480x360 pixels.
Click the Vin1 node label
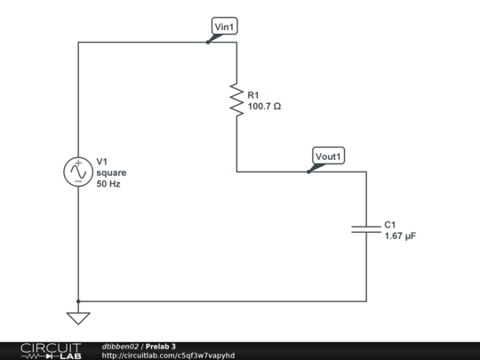coord(225,27)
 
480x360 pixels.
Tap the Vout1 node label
coord(329,156)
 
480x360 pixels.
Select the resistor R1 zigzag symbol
coord(236,99)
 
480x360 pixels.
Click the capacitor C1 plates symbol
coord(365,229)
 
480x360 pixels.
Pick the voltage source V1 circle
coord(78,172)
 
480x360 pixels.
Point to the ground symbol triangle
coord(78,317)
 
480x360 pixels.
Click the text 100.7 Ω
coord(264,107)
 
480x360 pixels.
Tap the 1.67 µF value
coord(400,236)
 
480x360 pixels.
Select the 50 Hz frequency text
coord(108,184)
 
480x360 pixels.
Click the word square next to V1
coord(111,173)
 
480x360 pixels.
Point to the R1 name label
coord(253,95)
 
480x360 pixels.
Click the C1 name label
coord(390,225)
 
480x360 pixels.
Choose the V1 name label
coord(102,162)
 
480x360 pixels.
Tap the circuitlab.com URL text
coord(168,356)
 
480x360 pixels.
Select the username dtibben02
coord(120,346)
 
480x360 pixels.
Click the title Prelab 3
coord(161,346)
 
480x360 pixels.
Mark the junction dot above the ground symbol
coord(78,301)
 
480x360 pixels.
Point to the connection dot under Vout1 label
coord(308,172)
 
